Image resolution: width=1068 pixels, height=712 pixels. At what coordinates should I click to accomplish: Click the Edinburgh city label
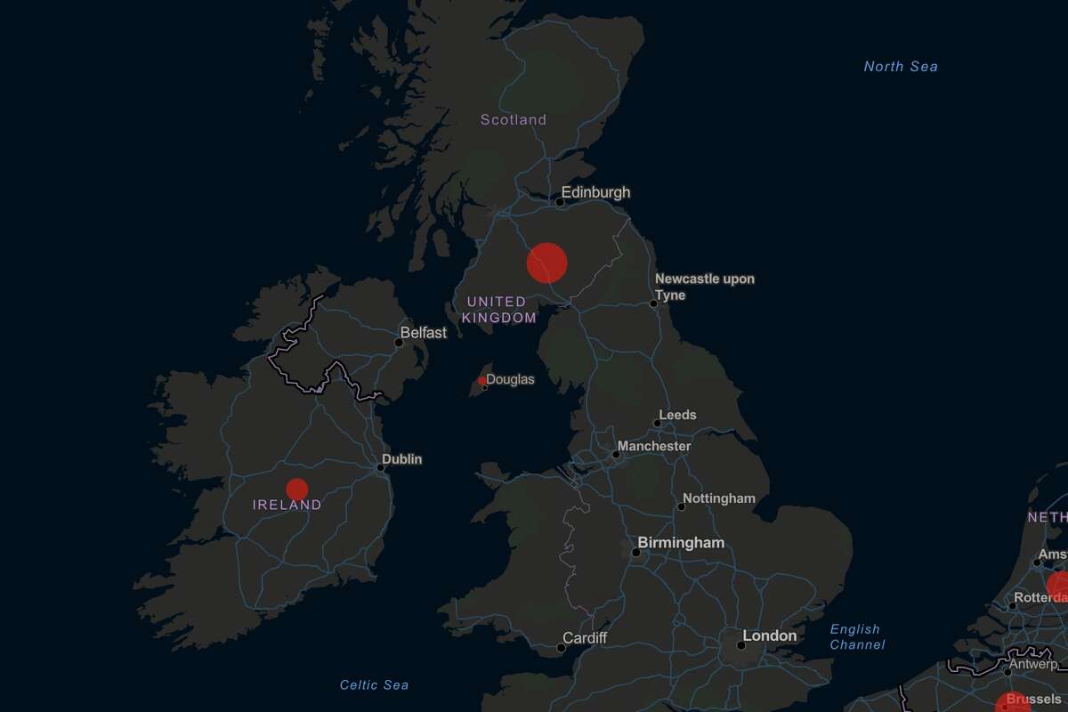pos(595,192)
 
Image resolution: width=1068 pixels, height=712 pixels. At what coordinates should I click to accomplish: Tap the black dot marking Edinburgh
pos(560,202)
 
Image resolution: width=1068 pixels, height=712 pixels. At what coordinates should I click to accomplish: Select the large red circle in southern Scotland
pos(547,263)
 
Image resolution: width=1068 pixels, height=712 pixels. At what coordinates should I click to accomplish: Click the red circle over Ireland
pos(297,489)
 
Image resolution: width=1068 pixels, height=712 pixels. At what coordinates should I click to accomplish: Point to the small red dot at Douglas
pos(482,381)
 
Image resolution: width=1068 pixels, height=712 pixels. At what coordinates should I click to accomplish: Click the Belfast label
pos(423,333)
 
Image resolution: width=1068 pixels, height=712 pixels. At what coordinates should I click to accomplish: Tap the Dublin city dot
pos(381,467)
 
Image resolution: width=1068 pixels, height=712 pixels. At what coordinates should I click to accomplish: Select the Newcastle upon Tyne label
pos(704,287)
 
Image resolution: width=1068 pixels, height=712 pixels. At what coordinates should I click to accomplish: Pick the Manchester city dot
pos(615,455)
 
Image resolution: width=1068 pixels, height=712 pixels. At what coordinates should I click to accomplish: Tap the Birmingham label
pos(681,543)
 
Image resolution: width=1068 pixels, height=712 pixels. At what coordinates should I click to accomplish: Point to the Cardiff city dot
pos(561,648)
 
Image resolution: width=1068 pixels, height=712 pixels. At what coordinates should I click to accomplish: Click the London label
pos(770,635)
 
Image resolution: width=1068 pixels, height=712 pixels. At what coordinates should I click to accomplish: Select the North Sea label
pos(901,66)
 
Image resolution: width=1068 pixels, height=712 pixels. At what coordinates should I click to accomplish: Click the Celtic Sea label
pos(375,684)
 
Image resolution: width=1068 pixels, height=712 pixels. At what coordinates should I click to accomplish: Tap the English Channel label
pos(855,636)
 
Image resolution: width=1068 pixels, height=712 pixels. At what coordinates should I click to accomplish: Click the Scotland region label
pos(514,119)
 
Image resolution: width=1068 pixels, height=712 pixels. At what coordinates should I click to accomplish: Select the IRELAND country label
pos(287,505)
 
